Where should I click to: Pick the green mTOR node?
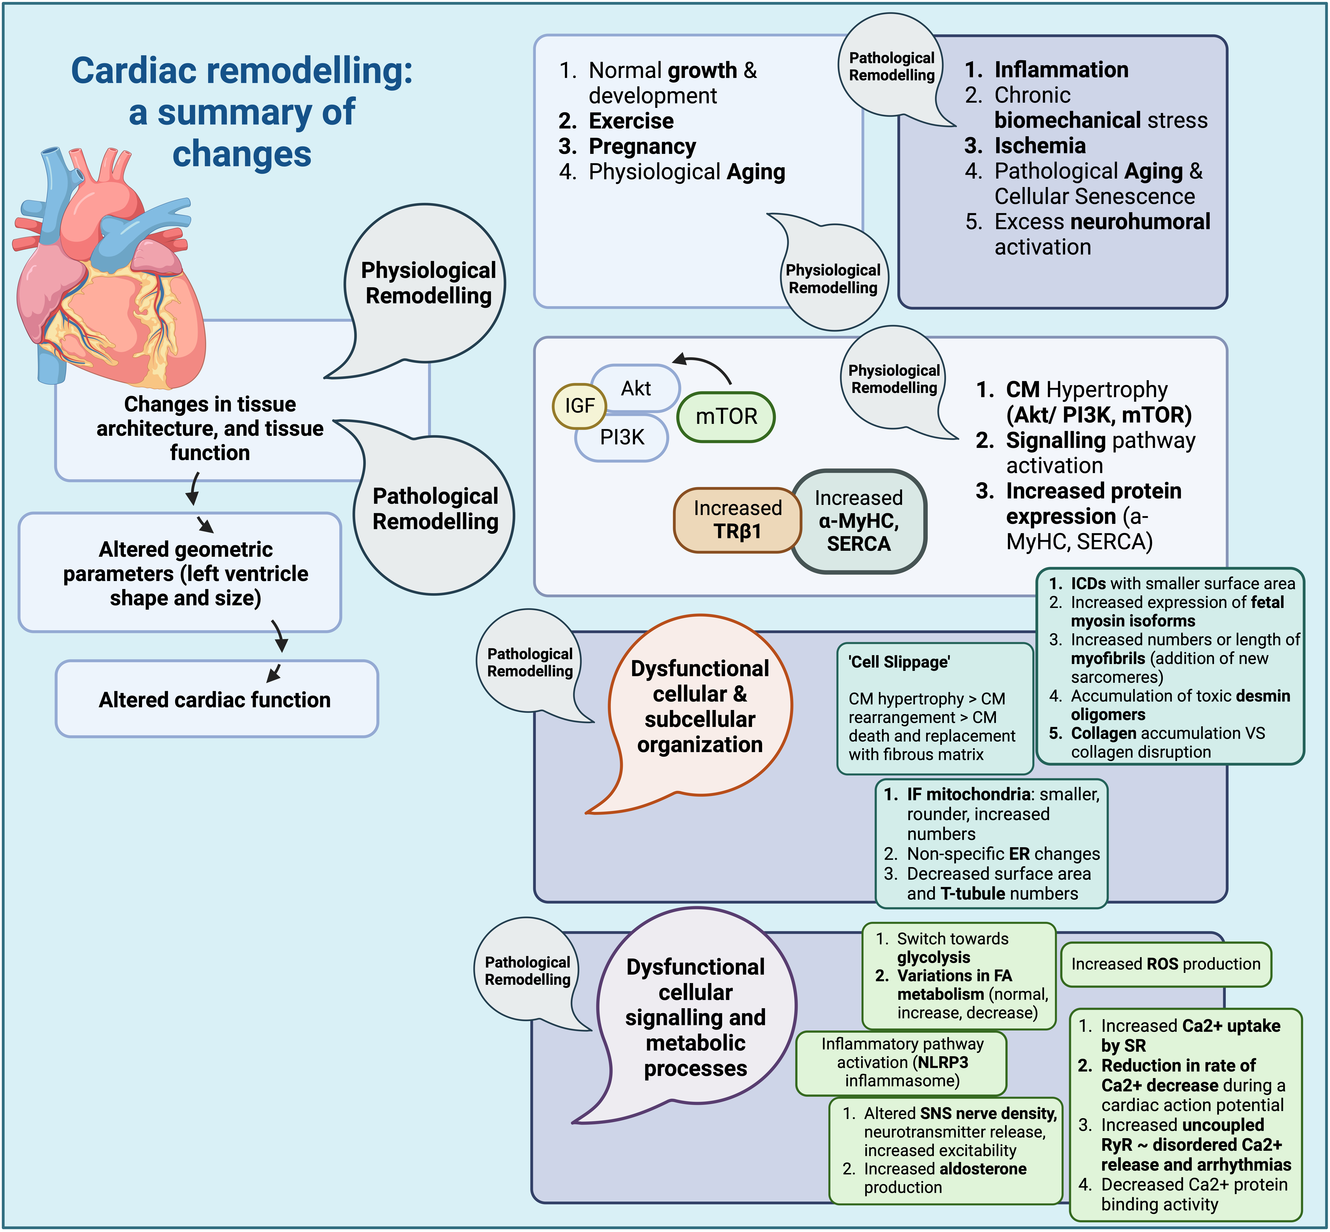(x=726, y=417)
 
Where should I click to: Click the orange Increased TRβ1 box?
(x=737, y=520)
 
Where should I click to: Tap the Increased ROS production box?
(x=1166, y=964)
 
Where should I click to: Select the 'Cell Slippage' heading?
(x=899, y=662)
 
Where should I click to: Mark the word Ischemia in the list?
(x=1040, y=145)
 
